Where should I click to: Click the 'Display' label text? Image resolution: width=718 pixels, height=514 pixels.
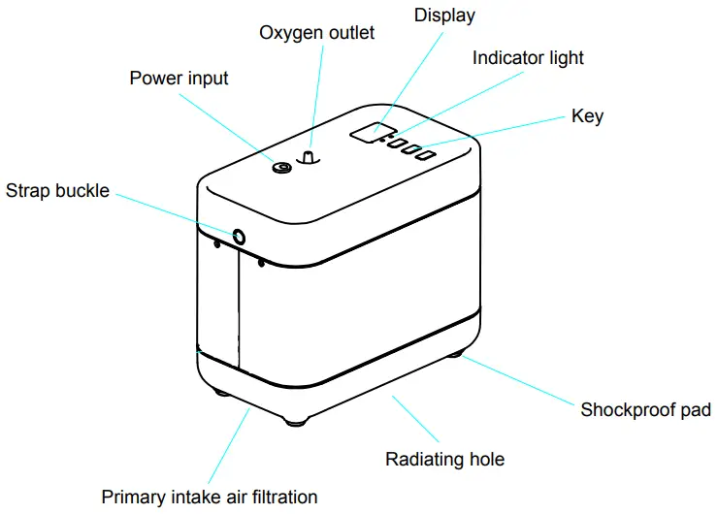pyautogui.click(x=444, y=16)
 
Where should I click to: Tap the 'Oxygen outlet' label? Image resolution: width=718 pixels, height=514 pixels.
pyautogui.click(x=316, y=33)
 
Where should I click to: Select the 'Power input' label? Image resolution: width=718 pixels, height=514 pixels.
pyautogui.click(x=179, y=78)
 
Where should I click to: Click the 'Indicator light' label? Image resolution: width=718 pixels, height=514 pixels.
pyautogui.click(x=528, y=58)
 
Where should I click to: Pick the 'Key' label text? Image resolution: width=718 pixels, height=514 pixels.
pyautogui.click(x=587, y=116)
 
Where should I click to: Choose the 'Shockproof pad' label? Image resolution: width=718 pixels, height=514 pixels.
pyautogui.click(x=645, y=409)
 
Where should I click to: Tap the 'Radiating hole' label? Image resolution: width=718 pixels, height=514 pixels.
pyautogui.click(x=444, y=459)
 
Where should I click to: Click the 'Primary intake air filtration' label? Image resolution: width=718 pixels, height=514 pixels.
pyautogui.click(x=210, y=497)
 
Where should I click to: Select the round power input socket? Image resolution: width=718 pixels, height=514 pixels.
pyautogui.click(x=282, y=168)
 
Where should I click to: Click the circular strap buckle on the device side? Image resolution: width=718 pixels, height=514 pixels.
pyautogui.click(x=237, y=236)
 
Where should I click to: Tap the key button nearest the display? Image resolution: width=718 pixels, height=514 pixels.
pyautogui.click(x=396, y=145)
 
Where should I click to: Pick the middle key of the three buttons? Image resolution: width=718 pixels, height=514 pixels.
pyautogui.click(x=411, y=150)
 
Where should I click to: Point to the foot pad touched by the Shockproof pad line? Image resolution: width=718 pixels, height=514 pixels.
pyautogui.click(x=453, y=354)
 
